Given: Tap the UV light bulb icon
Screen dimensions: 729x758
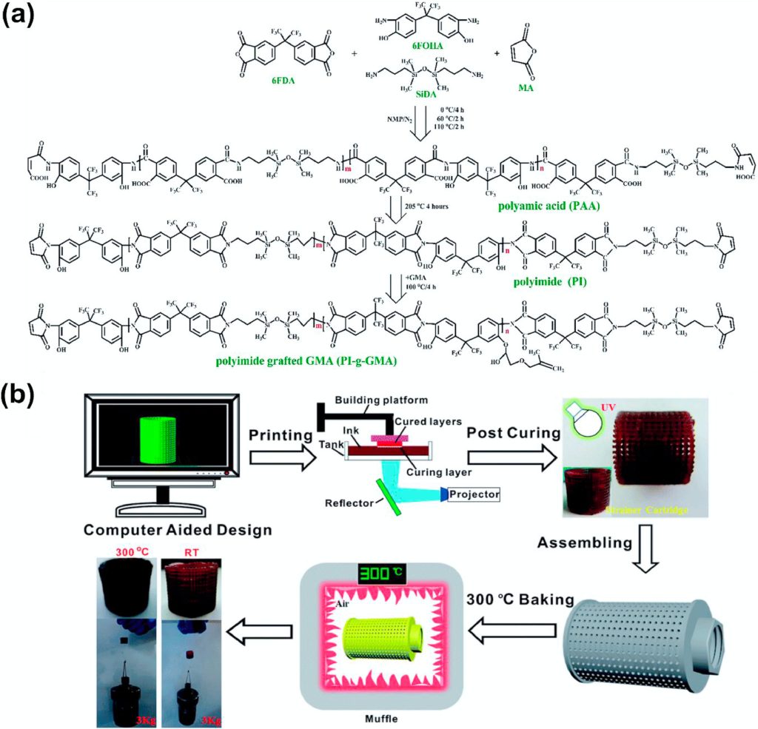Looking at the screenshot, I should [581, 420].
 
